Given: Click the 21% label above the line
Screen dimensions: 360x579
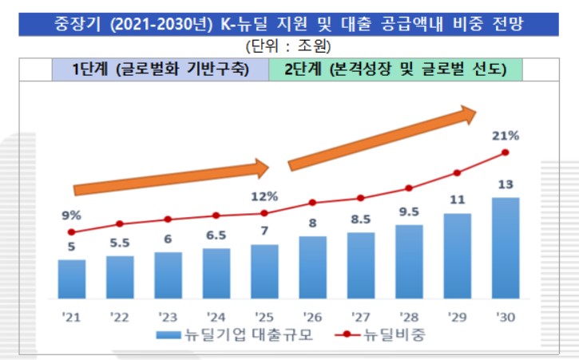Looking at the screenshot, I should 506,136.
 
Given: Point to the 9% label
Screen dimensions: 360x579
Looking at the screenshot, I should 71,215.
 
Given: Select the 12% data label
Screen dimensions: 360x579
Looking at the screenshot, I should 264,196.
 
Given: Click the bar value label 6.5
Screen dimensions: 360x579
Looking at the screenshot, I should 216,235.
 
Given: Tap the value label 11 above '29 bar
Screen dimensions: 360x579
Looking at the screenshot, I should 458,200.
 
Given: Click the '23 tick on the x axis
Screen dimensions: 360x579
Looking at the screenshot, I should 168,315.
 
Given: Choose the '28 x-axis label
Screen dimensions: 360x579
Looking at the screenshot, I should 409,315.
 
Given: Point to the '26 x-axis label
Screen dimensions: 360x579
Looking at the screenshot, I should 312,315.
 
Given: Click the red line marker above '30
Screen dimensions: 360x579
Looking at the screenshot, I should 506,152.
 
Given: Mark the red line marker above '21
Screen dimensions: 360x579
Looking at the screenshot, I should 71,232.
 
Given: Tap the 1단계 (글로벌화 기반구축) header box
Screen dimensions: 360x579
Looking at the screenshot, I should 160,69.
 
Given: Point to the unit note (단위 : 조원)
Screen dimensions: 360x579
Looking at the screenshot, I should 289,46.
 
